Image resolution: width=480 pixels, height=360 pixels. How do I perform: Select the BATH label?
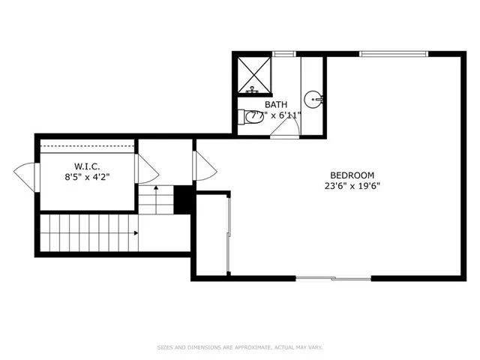[276, 105]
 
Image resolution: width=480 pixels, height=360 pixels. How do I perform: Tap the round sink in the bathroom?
[314, 97]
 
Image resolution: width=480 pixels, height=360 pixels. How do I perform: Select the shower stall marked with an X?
[253, 75]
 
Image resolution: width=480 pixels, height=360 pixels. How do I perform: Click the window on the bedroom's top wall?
[394, 53]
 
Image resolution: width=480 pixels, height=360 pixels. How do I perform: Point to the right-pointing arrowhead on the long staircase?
[135, 233]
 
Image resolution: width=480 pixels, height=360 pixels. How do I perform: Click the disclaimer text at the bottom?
[239, 346]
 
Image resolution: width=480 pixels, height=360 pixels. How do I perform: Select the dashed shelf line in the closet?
[87, 147]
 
